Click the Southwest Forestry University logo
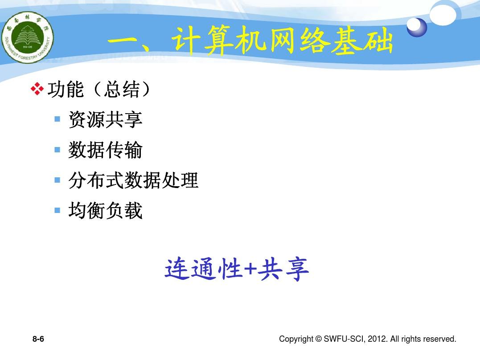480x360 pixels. tap(28, 38)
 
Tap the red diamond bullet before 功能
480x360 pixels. tap(37, 89)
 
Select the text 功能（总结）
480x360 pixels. tap(99, 90)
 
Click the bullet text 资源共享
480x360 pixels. tap(106, 119)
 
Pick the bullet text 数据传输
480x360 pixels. tap(106, 150)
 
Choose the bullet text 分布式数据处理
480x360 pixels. tap(133, 180)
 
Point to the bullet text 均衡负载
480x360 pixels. tap(106, 211)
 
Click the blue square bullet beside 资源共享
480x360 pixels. tap(57, 119)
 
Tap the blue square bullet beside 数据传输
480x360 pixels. tap(57, 150)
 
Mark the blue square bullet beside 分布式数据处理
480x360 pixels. tap(57, 180)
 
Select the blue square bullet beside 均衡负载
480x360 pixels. tap(57, 210)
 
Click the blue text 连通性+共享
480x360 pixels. tap(237, 269)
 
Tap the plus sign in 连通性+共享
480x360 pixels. tap(250, 269)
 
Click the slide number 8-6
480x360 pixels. tap(38, 339)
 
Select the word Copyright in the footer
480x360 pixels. tap(296, 339)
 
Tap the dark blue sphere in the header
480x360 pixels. tap(417, 27)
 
